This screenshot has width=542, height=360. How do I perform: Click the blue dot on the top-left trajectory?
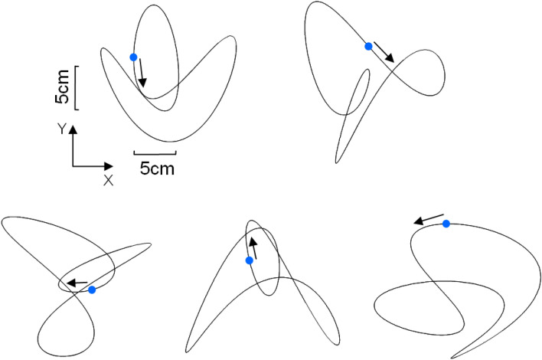[x=134, y=57]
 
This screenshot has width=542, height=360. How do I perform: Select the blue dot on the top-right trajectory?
[x=368, y=47]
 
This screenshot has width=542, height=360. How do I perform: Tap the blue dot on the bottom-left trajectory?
[x=92, y=290]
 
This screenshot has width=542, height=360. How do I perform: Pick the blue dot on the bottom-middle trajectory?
[x=249, y=261]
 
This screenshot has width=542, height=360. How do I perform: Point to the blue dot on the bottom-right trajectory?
[x=446, y=224]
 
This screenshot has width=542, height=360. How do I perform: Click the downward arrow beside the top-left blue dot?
[x=142, y=74]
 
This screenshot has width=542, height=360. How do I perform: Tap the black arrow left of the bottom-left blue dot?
[x=75, y=283]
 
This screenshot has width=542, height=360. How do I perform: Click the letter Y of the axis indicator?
[x=60, y=131]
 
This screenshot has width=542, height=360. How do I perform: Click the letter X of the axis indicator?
[x=108, y=181]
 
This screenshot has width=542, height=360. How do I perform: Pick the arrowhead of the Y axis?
[x=73, y=131]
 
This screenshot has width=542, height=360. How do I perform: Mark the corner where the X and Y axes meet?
[x=73, y=165]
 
